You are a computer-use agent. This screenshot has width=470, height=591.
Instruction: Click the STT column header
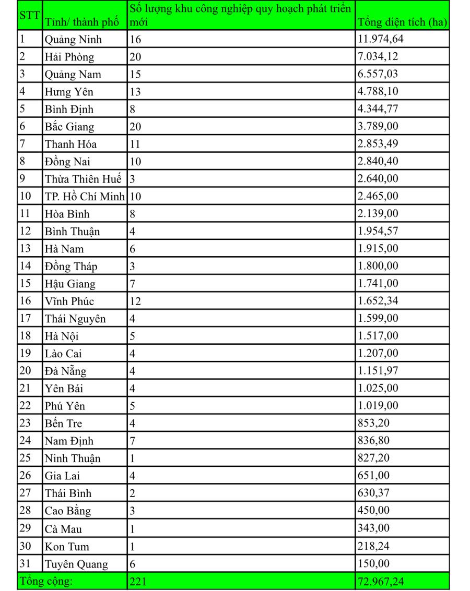pyautogui.click(x=29, y=15)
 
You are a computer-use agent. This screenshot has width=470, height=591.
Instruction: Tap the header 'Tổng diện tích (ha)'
pyautogui.click(x=402, y=22)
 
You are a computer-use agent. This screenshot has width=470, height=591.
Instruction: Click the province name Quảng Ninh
pyautogui.click(x=73, y=40)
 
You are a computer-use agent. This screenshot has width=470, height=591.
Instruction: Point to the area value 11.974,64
pyautogui.click(x=381, y=39)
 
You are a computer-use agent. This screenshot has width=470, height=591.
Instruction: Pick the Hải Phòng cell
pyautogui.click(x=69, y=57)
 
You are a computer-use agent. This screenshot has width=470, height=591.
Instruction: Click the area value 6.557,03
pyautogui.click(x=378, y=74)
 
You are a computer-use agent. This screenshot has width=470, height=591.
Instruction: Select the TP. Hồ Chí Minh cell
pyautogui.click(x=85, y=197)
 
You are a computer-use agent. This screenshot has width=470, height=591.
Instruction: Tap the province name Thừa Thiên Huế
pyautogui.click(x=83, y=179)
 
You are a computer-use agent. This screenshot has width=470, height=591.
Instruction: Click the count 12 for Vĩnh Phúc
pyautogui.click(x=135, y=301)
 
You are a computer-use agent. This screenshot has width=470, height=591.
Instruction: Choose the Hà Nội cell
pyautogui.click(x=62, y=336)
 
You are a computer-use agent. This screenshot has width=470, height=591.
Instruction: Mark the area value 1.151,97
pyautogui.click(x=378, y=371)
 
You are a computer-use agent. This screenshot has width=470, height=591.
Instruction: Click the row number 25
pyautogui.click(x=26, y=458)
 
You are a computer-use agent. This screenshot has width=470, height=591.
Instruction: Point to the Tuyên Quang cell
pyautogui.click(x=76, y=564)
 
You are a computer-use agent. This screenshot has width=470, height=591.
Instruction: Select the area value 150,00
pyautogui.click(x=373, y=563)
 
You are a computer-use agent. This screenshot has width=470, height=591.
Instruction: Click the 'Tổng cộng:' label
pyautogui.click(x=46, y=581)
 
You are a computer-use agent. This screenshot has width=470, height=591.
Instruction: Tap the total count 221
pyautogui.click(x=138, y=581)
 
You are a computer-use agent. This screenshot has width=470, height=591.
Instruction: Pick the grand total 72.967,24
pyautogui.click(x=381, y=581)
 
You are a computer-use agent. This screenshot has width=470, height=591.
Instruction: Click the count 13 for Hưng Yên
pyautogui.click(x=135, y=92)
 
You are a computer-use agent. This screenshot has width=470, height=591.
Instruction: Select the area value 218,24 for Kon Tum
pyautogui.click(x=373, y=546)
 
